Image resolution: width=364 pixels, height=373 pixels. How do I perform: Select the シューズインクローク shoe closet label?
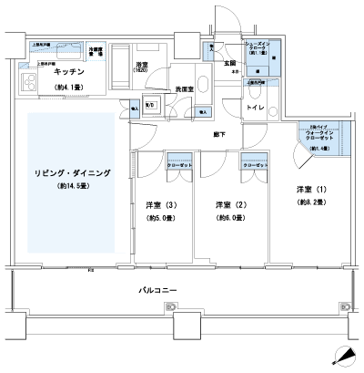pyautogui.click(x=258, y=47)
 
